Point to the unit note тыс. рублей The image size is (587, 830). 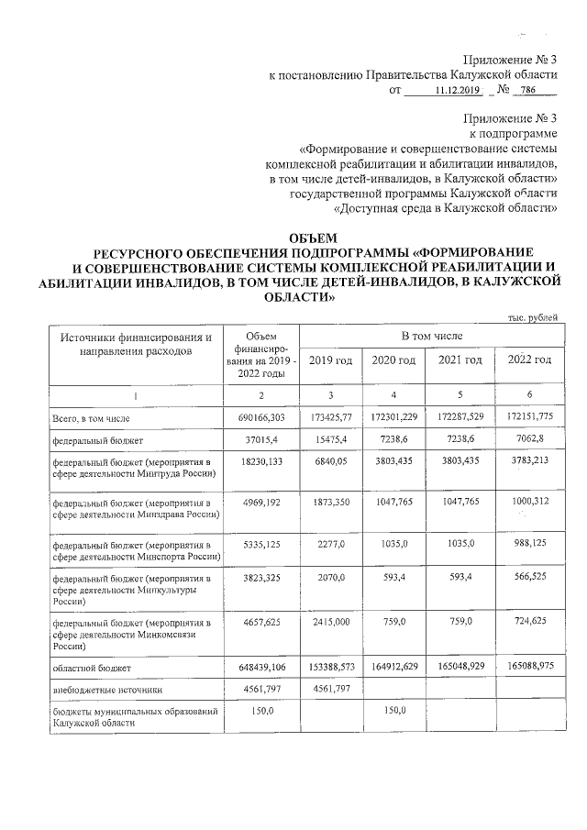(x=532, y=317)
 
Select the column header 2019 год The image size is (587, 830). (x=330, y=360)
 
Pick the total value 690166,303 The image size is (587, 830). (x=261, y=418)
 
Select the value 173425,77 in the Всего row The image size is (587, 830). (x=330, y=418)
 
